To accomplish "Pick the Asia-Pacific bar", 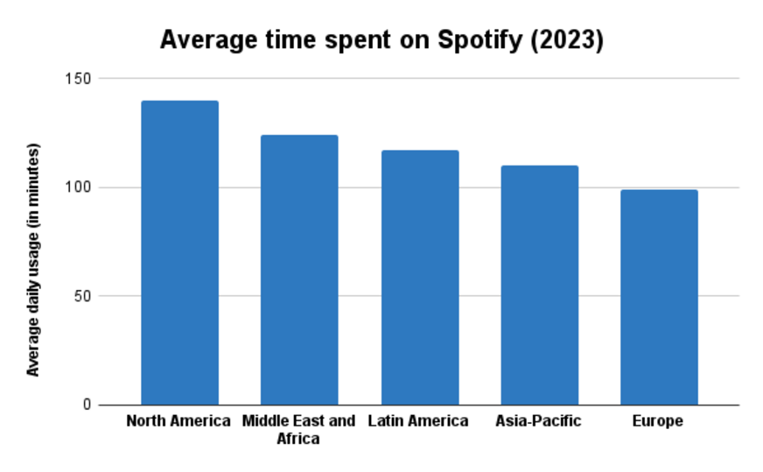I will coord(539,285).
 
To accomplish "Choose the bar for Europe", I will coord(659,297).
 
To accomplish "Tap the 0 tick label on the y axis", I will coord(87,405).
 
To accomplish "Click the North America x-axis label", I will coord(178,421).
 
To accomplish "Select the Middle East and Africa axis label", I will coord(298,429).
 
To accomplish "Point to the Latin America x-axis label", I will coord(418,421).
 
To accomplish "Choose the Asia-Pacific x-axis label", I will coord(538,421).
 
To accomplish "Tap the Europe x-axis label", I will coord(658,421).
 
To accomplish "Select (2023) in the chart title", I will coord(570,40).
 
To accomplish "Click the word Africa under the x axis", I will coord(298,438).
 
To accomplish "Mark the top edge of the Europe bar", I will coord(659,190).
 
